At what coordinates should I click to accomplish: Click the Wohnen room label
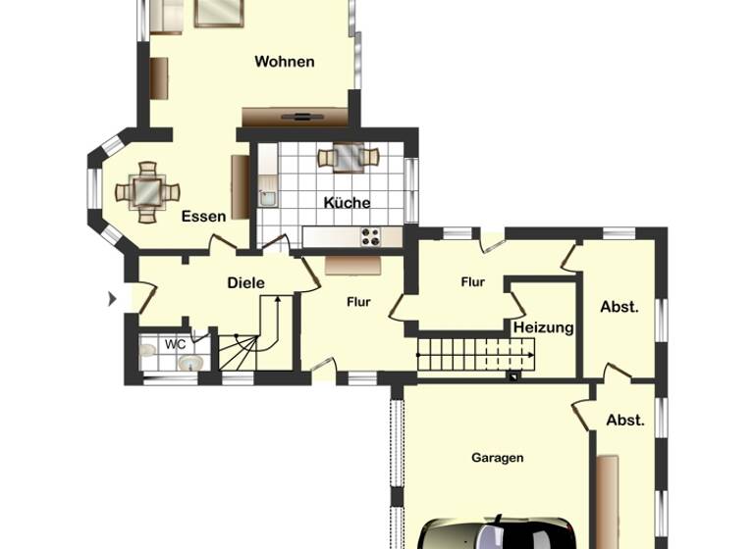click(x=285, y=62)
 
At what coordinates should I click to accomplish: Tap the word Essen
click(x=203, y=216)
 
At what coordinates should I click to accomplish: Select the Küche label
click(x=348, y=203)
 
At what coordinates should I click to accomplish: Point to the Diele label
click(x=245, y=282)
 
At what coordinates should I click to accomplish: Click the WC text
click(x=175, y=344)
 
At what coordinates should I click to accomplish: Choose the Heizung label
click(x=543, y=327)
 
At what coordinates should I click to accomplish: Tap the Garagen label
click(x=497, y=457)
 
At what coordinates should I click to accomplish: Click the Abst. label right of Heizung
click(x=619, y=306)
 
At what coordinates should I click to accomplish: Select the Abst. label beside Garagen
click(x=625, y=420)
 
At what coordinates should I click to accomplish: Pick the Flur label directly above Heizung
click(x=473, y=282)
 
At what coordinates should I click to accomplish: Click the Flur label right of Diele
click(x=358, y=302)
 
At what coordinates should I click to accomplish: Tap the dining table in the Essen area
click(x=147, y=191)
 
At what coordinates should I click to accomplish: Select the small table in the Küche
click(x=348, y=156)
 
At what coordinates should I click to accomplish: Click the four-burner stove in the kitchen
click(x=371, y=235)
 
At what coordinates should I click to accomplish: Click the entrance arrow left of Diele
click(x=112, y=297)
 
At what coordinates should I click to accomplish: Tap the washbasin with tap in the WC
click(x=191, y=364)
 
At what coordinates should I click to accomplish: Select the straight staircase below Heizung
click(x=476, y=354)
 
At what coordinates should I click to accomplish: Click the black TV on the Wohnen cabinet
click(x=296, y=116)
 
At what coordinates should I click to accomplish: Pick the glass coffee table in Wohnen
click(x=218, y=12)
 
